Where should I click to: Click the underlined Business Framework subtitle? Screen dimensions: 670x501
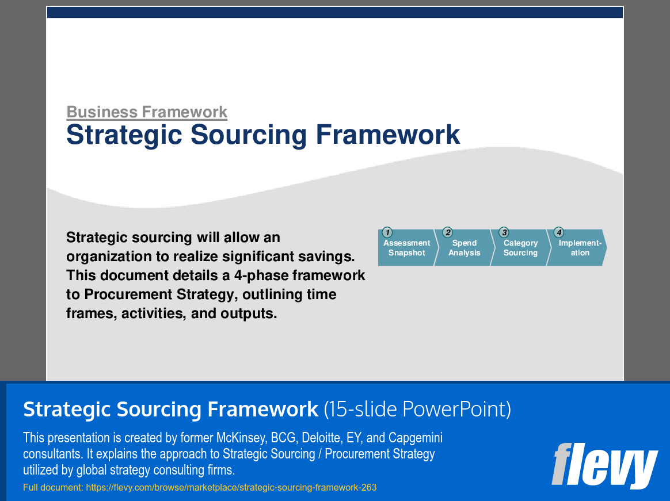[x=147, y=112]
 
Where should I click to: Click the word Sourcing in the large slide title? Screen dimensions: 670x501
[x=248, y=135]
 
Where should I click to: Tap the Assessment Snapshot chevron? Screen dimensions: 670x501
[x=407, y=248]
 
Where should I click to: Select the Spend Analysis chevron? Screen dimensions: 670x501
[x=464, y=248]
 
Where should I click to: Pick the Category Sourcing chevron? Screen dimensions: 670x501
[x=520, y=248]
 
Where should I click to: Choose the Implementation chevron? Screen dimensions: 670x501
[x=578, y=248]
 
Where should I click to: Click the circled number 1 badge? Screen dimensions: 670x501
[x=387, y=232]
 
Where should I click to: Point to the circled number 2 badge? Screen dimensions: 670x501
[x=447, y=232]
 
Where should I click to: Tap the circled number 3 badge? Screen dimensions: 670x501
[x=504, y=232]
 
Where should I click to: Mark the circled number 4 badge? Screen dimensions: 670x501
[x=559, y=232]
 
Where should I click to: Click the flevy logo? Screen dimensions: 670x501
[x=604, y=465]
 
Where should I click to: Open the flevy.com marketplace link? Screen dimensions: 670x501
[x=231, y=487]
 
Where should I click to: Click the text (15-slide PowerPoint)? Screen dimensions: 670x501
[x=417, y=409]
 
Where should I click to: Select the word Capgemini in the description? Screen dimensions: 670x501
[x=416, y=438]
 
